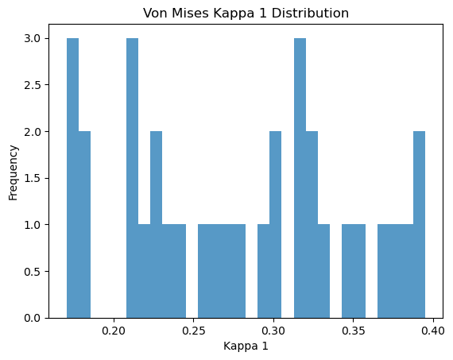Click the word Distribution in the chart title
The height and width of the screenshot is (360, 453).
(310, 14)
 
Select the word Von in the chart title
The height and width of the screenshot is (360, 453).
(156, 14)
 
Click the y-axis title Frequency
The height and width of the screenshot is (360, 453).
(14, 172)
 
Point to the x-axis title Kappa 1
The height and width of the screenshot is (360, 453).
(246, 346)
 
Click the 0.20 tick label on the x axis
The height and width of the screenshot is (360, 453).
(114, 331)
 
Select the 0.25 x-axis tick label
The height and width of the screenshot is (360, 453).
(194, 331)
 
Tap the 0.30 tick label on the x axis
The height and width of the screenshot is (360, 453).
(273, 331)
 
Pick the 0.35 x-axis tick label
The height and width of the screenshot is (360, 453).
(354, 331)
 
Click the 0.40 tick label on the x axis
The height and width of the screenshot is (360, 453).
(433, 331)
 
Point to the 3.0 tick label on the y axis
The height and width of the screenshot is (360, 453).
(32, 38)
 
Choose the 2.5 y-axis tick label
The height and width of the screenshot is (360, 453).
(32, 85)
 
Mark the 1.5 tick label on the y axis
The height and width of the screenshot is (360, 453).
(32, 178)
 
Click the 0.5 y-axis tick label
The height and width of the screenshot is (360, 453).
(32, 272)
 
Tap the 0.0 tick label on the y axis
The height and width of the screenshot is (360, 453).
(32, 318)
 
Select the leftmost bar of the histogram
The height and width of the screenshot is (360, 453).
(72, 178)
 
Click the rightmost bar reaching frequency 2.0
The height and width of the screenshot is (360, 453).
(419, 225)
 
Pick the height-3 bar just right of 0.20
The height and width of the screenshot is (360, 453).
(132, 178)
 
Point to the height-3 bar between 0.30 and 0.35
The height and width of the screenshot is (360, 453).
(300, 178)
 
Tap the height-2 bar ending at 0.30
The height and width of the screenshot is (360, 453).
(276, 225)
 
